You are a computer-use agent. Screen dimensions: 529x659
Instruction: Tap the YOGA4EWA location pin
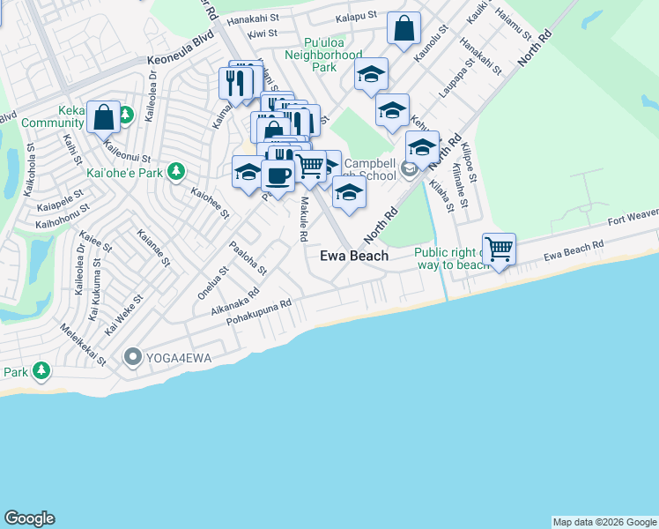point(133,357)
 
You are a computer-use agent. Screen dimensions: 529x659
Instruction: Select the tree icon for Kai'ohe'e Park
point(176,171)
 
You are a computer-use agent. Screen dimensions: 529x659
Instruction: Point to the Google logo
point(29,518)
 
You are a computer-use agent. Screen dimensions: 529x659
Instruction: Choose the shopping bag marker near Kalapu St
point(404,28)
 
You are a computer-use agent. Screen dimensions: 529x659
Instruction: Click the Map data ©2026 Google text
point(604,522)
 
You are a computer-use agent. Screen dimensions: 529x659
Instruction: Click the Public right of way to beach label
point(450,258)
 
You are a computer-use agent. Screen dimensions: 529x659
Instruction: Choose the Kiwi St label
point(263,33)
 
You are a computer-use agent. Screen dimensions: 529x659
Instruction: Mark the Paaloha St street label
point(247,257)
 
